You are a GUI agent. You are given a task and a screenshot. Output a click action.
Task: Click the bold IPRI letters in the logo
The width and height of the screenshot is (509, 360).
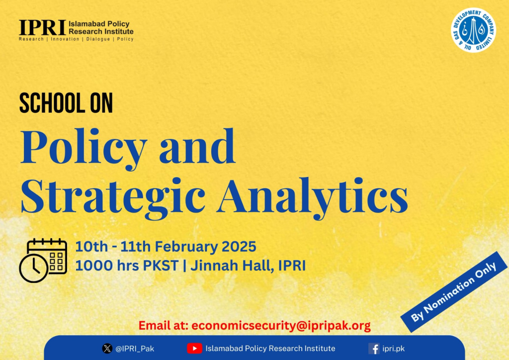click(x=42, y=27)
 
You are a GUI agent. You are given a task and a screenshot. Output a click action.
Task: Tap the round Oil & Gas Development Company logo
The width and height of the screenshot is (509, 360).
click(x=474, y=30)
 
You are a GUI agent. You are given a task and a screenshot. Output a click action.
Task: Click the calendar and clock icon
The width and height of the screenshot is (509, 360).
click(x=43, y=261)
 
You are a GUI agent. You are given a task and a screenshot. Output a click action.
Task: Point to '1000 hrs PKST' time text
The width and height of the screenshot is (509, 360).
click(x=127, y=266)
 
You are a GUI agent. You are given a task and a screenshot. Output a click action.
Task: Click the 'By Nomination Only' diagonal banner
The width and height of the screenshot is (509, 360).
click(x=454, y=292)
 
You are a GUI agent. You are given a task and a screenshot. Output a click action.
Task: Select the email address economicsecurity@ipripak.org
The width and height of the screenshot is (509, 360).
click(x=281, y=326)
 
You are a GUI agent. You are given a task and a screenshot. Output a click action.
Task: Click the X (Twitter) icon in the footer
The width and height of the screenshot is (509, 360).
click(x=107, y=349)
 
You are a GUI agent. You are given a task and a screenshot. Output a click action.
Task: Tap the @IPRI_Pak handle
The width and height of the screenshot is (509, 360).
click(x=135, y=349)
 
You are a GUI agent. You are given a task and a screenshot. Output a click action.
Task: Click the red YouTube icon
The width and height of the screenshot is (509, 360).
click(x=194, y=349)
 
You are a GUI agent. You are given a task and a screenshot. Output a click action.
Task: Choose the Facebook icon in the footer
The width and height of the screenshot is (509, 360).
click(x=374, y=349)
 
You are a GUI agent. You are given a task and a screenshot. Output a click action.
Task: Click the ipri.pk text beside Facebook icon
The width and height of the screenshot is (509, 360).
click(x=394, y=349)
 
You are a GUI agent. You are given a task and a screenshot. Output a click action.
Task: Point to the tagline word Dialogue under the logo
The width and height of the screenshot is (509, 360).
click(x=98, y=39)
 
